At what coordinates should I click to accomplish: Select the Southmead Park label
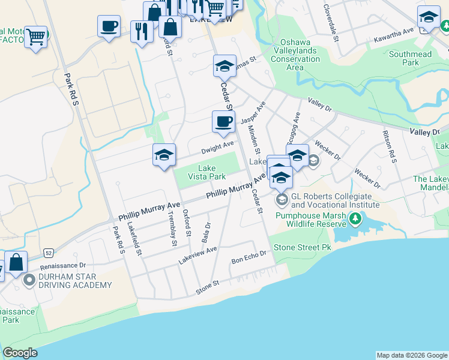pyautogui.click(x=411, y=58)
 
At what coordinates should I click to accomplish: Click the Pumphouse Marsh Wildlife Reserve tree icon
pyautogui.click(x=357, y=219)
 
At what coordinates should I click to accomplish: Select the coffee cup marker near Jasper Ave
pyautogui.click(x=223, y=122)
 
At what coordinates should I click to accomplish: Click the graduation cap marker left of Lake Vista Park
pyautogui.click(x=164, y=155)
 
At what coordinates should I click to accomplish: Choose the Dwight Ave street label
pyautogui.click(x=217, y=146)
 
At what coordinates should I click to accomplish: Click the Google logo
pyautogui.click(x=20, y=353)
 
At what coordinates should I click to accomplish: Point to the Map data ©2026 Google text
pyautogui.click(x=411, y=355)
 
